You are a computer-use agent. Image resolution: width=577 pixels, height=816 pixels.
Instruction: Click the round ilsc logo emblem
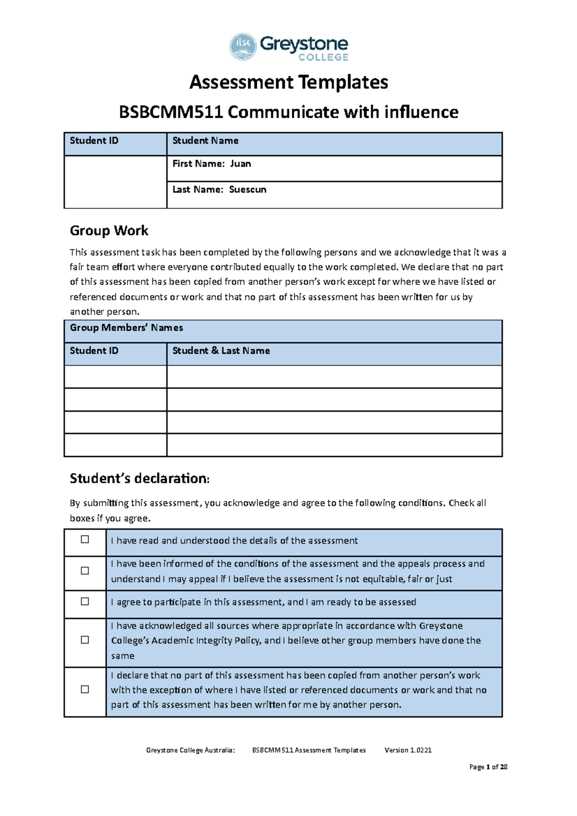click(243, 46)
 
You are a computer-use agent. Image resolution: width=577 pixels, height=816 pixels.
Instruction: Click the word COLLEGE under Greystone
click(323, 58)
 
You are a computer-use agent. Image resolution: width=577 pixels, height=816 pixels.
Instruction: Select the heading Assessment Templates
click(288, 82)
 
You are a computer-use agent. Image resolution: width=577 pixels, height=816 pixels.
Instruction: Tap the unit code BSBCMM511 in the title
click(171, 112)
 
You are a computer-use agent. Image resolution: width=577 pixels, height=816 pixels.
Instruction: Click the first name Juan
click(240, 164)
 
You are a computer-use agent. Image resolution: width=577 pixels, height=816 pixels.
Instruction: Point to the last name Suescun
click(248, 190)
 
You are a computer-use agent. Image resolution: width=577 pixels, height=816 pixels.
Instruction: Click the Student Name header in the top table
click(205, 141)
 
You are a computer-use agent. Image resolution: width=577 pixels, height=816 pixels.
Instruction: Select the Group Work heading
click(109, 231)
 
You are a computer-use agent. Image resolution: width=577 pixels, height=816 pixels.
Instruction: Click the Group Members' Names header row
click(126, 328)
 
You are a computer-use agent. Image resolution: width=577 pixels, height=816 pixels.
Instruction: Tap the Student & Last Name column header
click(221, 351)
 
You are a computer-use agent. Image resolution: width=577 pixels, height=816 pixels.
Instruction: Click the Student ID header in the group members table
click(94, 351)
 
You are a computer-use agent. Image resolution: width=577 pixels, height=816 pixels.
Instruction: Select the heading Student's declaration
click(139, 479)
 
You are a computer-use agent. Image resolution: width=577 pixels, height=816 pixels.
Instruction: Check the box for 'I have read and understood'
click(85, 540)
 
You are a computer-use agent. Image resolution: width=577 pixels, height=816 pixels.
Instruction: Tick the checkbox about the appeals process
click(85, 571)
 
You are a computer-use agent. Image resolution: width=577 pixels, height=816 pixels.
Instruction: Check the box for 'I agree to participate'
click(85, 602)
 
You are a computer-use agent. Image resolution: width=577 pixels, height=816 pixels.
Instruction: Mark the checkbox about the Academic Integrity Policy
click(85, 640)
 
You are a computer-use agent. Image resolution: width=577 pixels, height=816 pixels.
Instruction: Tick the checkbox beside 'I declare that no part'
click(85, 690)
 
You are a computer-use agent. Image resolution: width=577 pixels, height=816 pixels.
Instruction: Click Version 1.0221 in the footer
click(408, 750)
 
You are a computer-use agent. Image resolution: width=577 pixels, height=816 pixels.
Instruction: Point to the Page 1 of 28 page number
click(488, 767)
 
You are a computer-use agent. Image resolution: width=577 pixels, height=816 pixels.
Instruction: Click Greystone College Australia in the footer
click(190, 750)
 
